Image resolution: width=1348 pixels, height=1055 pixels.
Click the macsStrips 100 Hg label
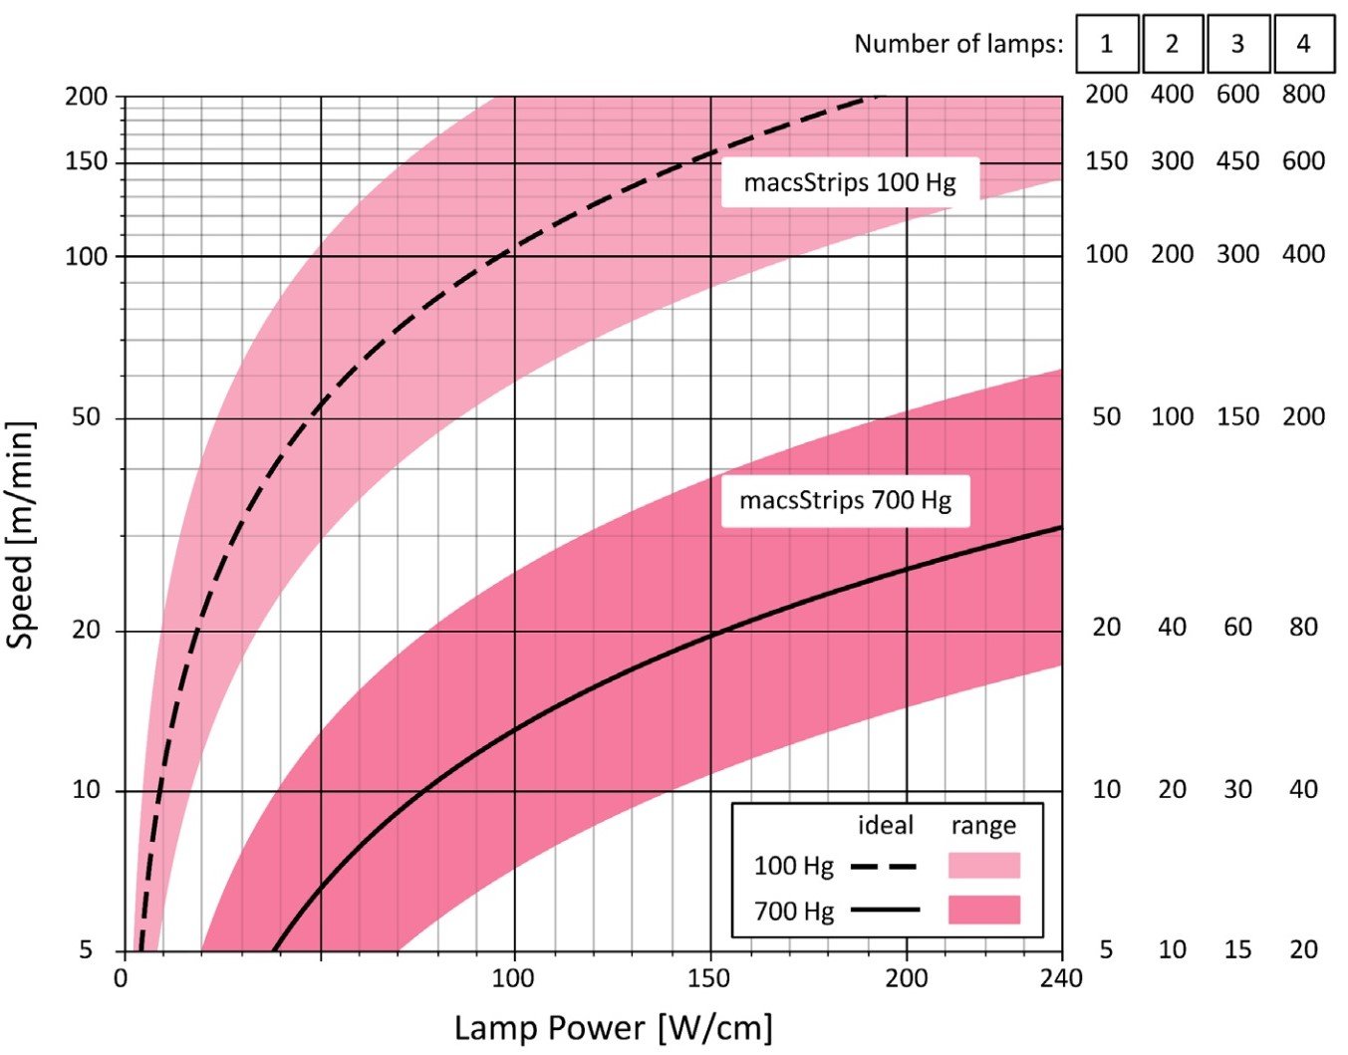coord(849,182)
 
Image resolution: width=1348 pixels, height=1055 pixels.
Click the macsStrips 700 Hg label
coord(845,500)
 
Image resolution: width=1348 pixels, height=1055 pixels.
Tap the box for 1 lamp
coord(1107,44)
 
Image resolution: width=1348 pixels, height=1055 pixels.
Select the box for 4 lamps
coord(1303,44)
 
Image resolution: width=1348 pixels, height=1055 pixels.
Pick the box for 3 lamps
coord(1237,44)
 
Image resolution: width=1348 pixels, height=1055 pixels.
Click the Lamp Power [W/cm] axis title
coord(614,1028)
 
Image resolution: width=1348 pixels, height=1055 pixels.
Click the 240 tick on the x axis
coord(1061,978)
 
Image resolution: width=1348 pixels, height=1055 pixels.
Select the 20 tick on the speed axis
coord(86,630)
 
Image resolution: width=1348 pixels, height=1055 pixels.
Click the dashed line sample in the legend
coord(884,866)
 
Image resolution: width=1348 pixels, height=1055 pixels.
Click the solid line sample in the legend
coord(885,910)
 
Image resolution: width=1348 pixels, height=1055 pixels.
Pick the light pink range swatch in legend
coord(984,865)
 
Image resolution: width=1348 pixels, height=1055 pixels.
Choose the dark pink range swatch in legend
coord(984,910)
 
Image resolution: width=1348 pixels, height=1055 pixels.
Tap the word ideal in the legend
coord(886,826)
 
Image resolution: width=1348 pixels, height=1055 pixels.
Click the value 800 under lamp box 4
coord(1303,95)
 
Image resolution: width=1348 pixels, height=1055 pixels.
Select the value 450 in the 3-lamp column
coord(1237,161)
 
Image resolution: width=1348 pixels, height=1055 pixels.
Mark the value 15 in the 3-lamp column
coord(1237,949)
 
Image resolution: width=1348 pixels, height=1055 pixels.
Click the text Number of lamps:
coord(958,44)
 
